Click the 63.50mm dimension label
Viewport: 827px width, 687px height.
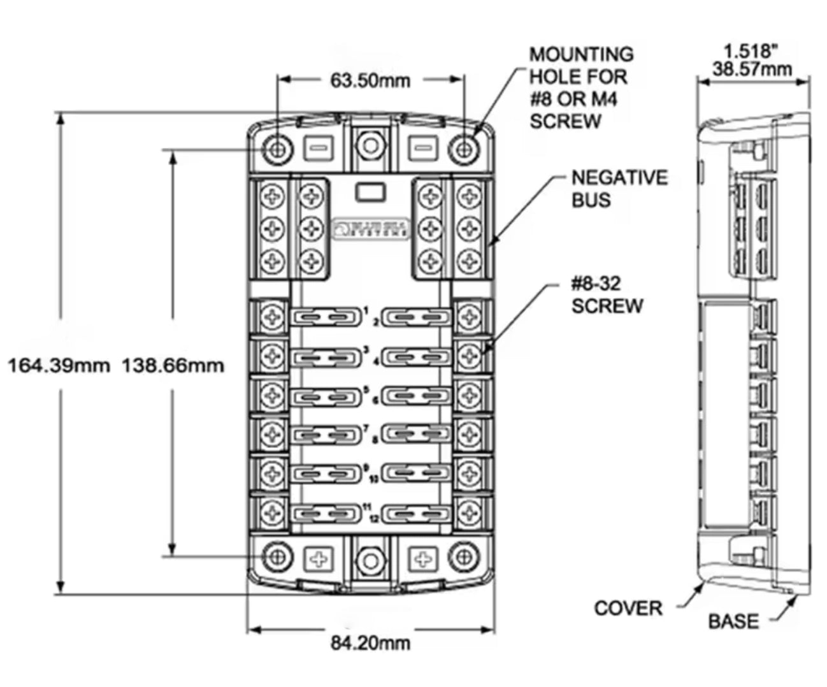(x=370, y=81)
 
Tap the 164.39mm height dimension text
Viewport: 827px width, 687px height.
(x=58, y=366)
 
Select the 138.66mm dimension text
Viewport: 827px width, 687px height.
(x=173, y=366)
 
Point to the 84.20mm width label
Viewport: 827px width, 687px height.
(x=370, y=642)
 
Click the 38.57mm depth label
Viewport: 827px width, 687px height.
(x=752, y=69)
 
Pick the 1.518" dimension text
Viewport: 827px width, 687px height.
(x=752, y=51)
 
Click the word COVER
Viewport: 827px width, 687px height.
(x=628, y=608)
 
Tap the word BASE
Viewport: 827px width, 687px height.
(x=733, y=621)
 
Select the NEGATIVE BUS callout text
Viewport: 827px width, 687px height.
(x=619, y=189)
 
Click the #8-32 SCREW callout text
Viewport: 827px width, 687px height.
(x=607, y=294)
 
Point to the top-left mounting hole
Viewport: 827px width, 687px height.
(x=277, y=149)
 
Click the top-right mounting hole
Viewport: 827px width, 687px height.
(x=464, y=149)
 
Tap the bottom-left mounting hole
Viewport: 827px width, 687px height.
(x=277, y=557)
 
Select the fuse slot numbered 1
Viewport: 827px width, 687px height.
(x=324, y=317)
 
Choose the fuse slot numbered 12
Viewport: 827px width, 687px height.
(x=418, y=513)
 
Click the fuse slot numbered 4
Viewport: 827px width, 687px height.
(x=418, y=356)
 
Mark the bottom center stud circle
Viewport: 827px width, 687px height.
(x=370, y=561)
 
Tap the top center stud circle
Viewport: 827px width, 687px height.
(x=370, y=145)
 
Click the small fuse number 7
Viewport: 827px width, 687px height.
(x=366, y=429)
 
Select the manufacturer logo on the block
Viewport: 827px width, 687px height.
(x=370, y=229)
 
